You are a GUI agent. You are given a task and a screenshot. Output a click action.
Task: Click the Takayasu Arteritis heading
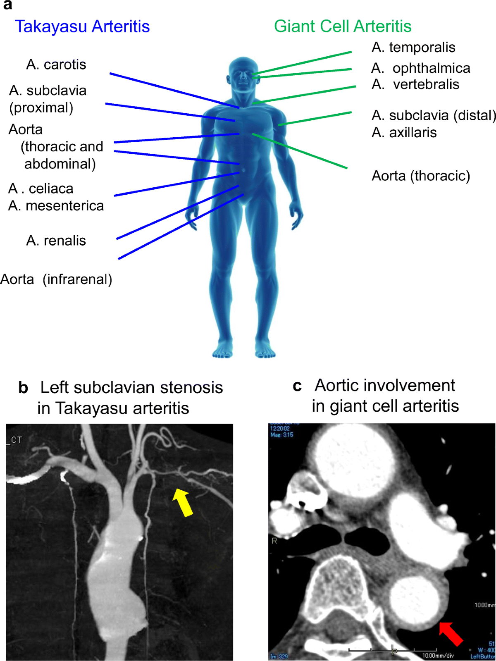click(x=82, y=26)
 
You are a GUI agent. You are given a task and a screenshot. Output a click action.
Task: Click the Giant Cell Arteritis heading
click(x=343, y=26)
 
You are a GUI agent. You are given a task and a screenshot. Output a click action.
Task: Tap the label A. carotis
click(x=56, y=64)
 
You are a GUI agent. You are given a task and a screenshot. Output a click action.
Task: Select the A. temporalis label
click(x=413, y=48)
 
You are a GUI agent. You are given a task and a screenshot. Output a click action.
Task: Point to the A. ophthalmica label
click(x=421, y=68)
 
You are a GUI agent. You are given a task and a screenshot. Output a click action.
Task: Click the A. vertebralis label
click(x=415, y=84)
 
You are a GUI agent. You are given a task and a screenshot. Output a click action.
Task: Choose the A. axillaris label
click(x=404, y=133)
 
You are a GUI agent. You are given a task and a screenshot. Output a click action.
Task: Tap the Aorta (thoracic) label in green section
click(x=421, y=176)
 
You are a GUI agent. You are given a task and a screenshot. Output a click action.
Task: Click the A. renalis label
click(x=56, y=241)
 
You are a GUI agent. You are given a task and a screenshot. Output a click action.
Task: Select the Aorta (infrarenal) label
click(x=56, y=279)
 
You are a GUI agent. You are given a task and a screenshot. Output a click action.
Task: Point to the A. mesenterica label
click(x=56, y=206)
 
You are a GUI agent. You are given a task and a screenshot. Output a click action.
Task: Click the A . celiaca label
click(x=41, y=189)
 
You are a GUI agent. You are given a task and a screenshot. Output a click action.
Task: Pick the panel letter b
click(x=24, y=388)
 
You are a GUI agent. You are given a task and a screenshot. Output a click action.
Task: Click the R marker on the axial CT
click(x=274, y=541)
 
